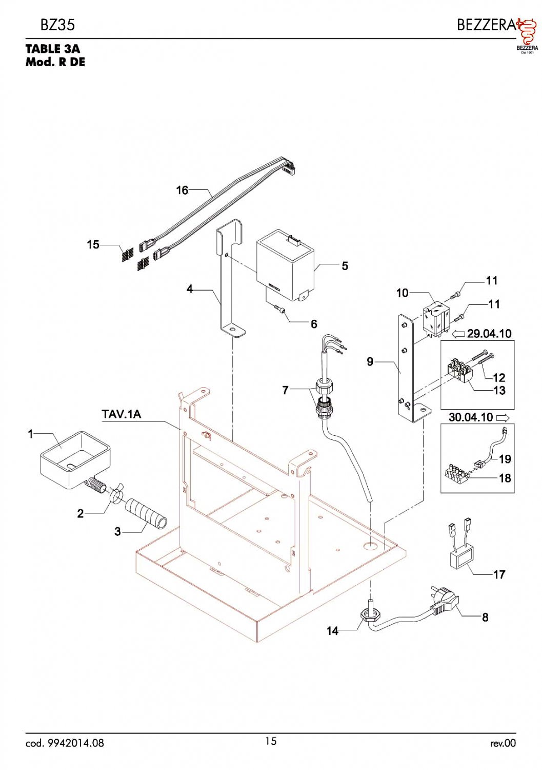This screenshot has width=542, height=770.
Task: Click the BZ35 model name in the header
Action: (57, 25)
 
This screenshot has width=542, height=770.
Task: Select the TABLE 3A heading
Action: (53, 49)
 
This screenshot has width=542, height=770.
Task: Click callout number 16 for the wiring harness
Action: (182, 190)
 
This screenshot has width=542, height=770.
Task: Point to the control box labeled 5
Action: (285, 266)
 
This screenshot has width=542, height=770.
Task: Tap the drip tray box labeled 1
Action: (75, 459)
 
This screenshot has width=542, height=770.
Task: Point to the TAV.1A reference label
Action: (121, 414)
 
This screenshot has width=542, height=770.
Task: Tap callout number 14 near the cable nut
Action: (333, 631)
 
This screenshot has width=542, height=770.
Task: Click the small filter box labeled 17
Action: (463, 558)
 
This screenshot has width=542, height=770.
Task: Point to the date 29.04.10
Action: (489, 334)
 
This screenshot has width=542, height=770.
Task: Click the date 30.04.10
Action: (470, 417)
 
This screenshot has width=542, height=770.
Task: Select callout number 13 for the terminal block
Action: (499, 391)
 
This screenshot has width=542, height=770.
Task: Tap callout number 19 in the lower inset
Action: (505, 459)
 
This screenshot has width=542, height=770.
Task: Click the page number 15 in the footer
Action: (271, 741)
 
